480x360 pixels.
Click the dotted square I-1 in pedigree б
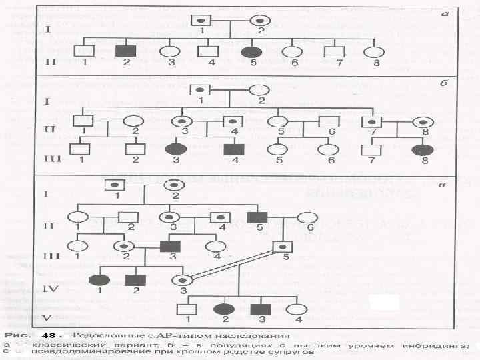[x=199, y=90]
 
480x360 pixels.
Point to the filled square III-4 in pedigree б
[x=239, y=149]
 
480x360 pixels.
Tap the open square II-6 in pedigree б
[x=328, y=122]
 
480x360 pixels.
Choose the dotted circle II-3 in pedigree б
[x=181, y=122]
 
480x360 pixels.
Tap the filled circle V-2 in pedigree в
[x=224, y=309]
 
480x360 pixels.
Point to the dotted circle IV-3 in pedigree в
[x=181, y=280]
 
